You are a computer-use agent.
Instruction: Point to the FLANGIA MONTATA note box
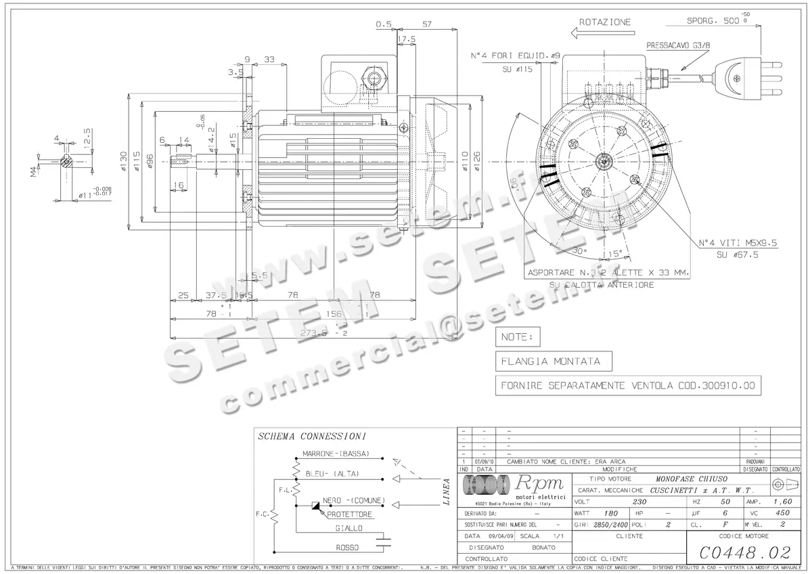(547, 361)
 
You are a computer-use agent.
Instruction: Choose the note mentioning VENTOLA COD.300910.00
(628, 386)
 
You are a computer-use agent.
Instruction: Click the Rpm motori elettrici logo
(514, 486)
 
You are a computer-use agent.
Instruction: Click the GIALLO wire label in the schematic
(348, 528)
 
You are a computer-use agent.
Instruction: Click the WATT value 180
(611, 513)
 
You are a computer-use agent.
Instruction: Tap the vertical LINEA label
(446, 492)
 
